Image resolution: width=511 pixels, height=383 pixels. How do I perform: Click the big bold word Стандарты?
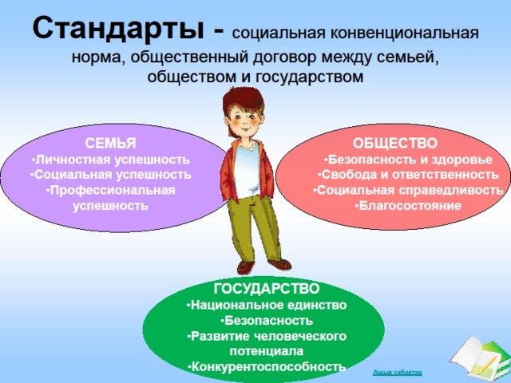(x=119, y=29)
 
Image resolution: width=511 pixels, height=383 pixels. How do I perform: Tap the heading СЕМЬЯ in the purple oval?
(x=110, y=144)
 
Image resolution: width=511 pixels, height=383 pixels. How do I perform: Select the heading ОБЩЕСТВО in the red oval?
(x=395, y=144)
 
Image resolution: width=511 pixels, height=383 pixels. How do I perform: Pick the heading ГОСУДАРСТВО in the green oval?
(x=267, y=289)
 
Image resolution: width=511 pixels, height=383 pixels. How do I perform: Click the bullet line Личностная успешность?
(x=110, y=160)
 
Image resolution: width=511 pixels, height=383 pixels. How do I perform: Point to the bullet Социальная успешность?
(x=110, y=175)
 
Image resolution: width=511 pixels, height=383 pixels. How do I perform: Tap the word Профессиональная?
(x=113, y=191)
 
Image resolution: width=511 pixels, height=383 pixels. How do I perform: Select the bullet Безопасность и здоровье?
(x=408, y=160)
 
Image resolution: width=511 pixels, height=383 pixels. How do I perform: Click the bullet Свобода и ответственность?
(x=408, y=175)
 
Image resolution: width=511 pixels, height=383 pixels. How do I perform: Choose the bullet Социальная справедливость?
(x=408, y=190)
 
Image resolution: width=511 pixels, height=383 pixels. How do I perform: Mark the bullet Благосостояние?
(x=408, y=206)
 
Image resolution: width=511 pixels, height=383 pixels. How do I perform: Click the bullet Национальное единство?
(x=267, y=305)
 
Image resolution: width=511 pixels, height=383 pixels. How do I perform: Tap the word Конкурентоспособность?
(x=268, y=367)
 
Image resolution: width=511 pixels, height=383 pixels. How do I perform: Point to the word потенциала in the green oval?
(x=267, y=351)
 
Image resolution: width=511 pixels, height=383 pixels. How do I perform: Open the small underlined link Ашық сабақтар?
(x=398, y=372)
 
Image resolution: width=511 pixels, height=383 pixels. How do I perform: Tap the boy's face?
(x=244, y=120)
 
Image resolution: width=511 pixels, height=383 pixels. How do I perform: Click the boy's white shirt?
(x=247, y=171)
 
